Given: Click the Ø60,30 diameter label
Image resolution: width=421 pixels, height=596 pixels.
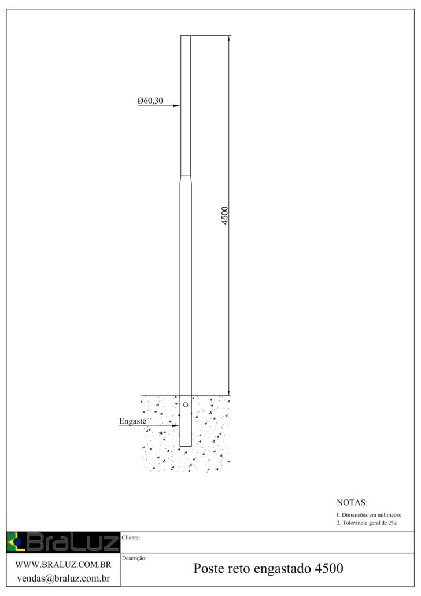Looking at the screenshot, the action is pos(150,101).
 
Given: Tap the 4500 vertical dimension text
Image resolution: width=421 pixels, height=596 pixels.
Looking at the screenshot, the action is pos(224,215).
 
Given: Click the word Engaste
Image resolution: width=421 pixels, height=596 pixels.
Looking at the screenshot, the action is pos(132,421).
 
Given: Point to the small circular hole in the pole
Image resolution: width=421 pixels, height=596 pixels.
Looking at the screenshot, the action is pos(186,405).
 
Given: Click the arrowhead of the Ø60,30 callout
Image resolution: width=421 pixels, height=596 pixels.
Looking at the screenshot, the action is pos(177,106).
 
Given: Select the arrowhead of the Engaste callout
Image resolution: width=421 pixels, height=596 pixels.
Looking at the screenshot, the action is pos(176,426).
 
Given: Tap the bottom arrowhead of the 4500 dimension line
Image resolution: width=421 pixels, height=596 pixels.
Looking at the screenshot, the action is pos(229,392).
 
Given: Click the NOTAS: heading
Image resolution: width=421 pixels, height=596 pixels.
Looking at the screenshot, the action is pos(352,502).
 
